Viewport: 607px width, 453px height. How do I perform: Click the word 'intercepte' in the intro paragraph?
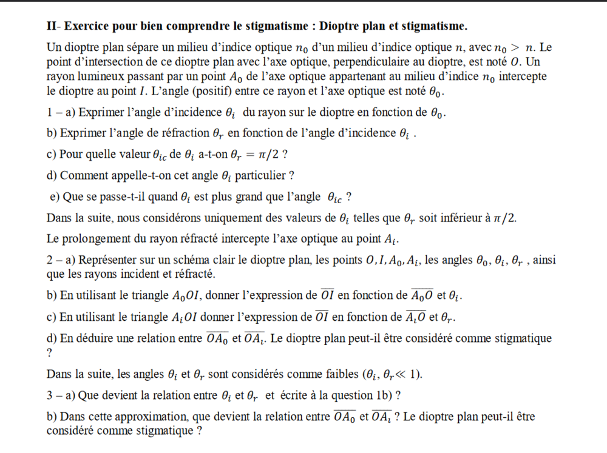[521, 76]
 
